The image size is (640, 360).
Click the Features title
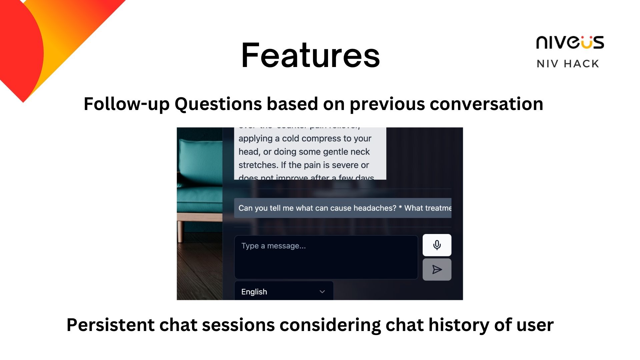pos(310,55)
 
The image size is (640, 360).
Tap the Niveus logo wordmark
pos(570,43)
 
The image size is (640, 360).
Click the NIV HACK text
pos(568,64)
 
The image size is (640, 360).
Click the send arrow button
pos(437,269)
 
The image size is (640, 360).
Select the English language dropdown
pos(284,292)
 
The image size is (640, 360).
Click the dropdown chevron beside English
pos(322,292)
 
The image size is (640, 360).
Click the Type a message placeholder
pos(273,246)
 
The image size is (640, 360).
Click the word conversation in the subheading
pos(486,104)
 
